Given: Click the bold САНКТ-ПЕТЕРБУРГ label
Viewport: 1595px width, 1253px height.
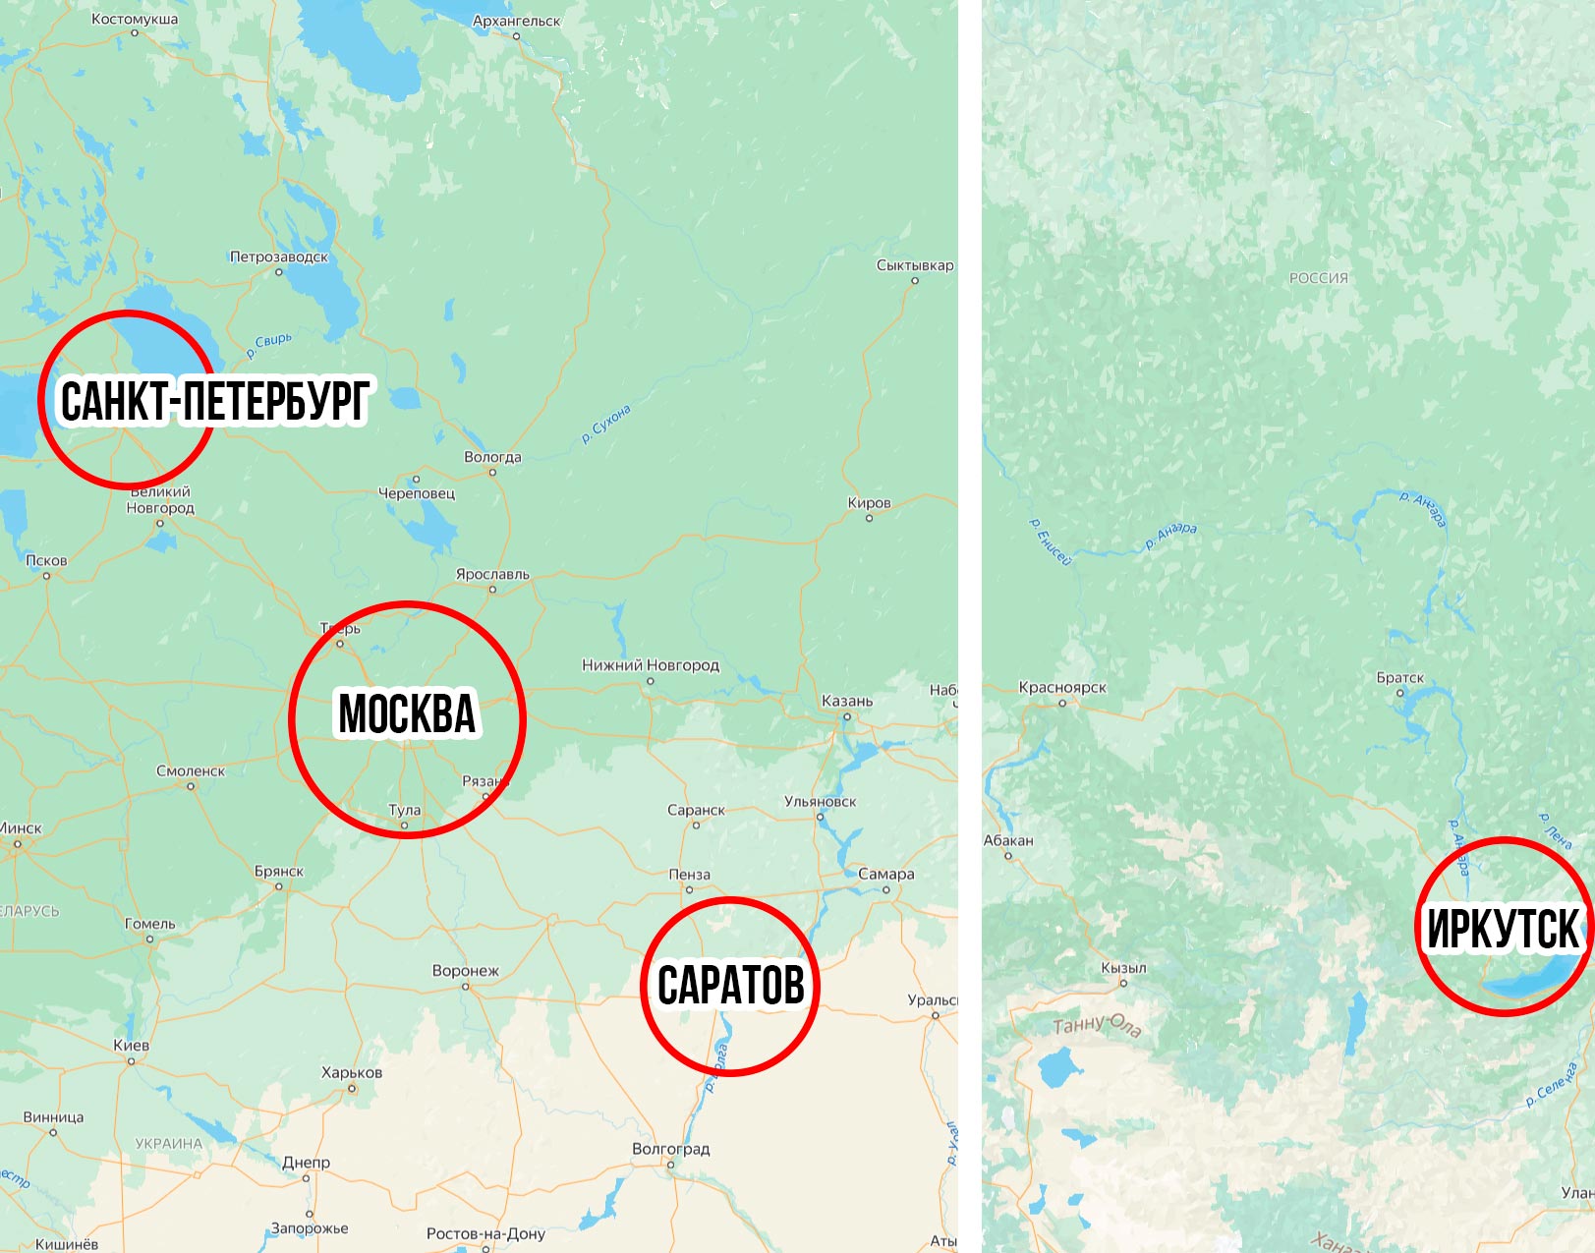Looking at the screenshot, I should (x=214, y=401).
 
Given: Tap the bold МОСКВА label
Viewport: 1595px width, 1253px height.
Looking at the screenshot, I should (x=407, y=713).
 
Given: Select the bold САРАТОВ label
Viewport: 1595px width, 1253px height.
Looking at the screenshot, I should (x=730, y=985).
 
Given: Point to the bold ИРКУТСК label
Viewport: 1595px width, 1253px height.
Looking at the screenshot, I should (x=1502, y=929).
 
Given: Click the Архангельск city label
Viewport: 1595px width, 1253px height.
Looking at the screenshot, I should (x=516, y=21).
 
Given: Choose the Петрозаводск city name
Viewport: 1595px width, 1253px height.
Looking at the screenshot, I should (x=279, y=256).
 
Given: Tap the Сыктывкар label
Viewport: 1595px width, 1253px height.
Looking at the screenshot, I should (x=915, y=265).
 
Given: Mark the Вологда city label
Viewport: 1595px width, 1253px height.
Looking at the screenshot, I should (x=492, y=457).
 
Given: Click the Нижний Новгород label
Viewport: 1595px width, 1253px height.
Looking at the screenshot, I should (x=651, y=665).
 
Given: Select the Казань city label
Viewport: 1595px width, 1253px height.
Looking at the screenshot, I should (x=846, y=701).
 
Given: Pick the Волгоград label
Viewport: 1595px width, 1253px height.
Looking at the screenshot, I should (x=670, y=1149).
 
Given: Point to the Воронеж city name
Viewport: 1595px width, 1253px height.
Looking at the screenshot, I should (x=466, y=971).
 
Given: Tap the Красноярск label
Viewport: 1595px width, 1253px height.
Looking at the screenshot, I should (x=1062, y=687).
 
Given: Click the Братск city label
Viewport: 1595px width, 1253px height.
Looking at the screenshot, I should (x=1399, y=678).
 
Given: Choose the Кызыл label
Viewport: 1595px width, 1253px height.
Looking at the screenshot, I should (x=1123, y=967).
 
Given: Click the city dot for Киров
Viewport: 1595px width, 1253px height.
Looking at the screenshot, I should (x=869, y=518).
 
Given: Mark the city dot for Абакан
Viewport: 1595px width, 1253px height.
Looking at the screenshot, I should (x=1008, y=856).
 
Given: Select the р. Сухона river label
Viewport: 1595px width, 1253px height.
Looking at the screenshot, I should (x=605, y=424).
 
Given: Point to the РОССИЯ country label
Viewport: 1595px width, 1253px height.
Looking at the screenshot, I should (x=1318, y=278).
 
